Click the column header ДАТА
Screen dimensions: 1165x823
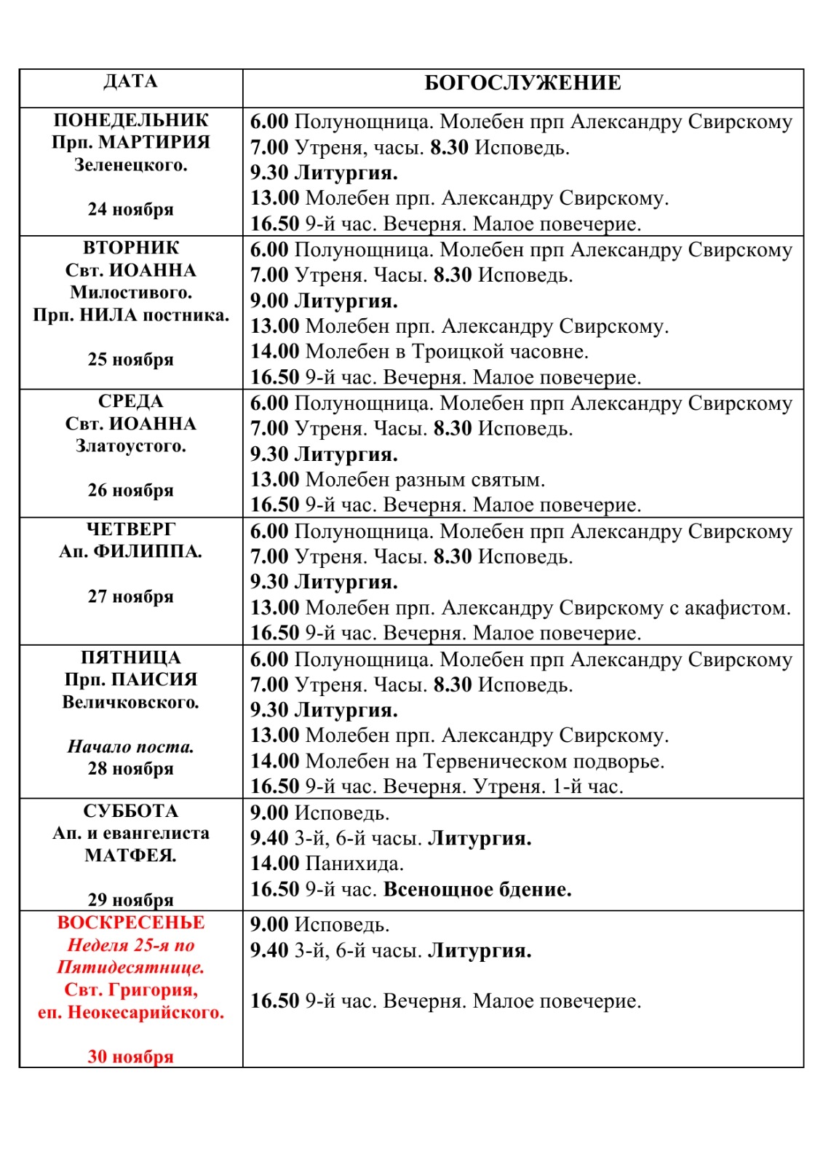130,82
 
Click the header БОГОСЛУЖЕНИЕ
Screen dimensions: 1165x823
522,83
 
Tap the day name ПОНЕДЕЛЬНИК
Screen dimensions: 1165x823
131,120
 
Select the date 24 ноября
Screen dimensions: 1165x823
131,210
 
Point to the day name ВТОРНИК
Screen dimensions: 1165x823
131,248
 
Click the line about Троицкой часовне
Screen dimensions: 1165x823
419,352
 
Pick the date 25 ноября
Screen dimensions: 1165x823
131,360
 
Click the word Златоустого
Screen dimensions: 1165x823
131,446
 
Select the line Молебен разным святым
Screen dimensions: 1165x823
397,480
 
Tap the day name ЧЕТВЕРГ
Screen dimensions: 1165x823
131,529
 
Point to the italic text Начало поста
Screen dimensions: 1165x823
131,746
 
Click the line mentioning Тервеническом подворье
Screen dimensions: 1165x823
457,762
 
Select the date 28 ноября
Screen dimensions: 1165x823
131,769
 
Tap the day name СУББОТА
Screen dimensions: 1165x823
131,811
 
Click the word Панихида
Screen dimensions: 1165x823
354,864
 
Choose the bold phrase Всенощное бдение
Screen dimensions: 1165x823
477,890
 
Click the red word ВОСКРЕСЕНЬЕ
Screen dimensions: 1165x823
131,923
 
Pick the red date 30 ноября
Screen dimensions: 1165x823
131,1057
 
